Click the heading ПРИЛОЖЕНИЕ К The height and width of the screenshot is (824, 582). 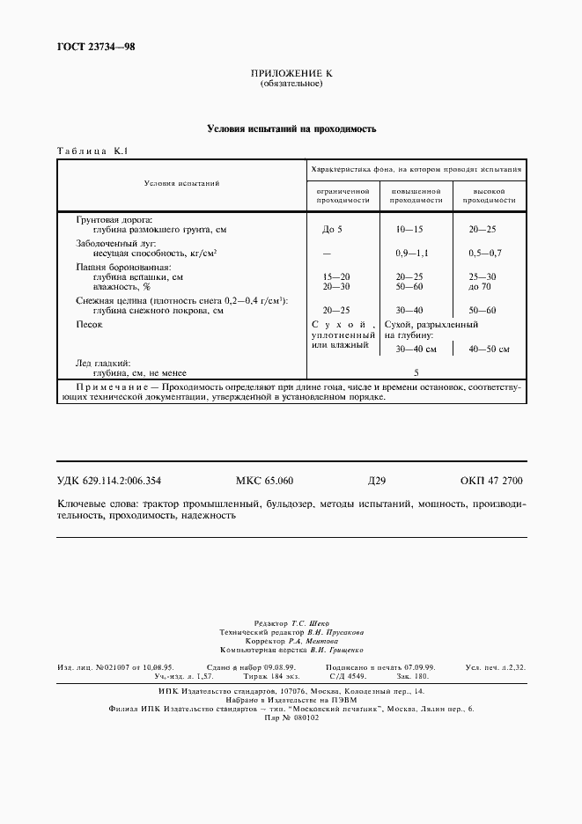(291, 74)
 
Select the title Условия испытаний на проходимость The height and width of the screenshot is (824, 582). (291, 129)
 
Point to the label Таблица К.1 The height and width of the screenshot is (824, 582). (92, 151)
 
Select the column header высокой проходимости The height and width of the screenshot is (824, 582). (488, 195)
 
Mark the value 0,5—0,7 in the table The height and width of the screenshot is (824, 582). (484, 254)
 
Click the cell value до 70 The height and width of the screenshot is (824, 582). (483, 287)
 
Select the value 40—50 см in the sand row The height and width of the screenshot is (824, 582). (490, 349)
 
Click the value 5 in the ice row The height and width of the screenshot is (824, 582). (416, 372)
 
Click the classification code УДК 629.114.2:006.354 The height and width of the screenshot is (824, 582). (109, 482)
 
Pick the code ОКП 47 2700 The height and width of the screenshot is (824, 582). (491, 482)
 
